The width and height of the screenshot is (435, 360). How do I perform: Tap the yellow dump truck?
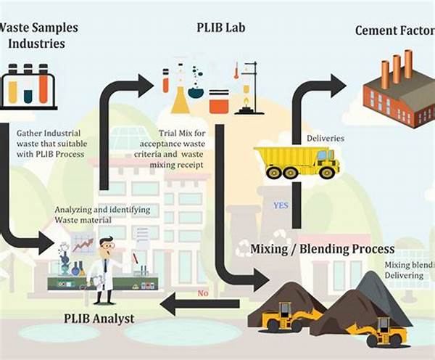point(297,162)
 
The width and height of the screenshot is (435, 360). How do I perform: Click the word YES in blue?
point(280,205)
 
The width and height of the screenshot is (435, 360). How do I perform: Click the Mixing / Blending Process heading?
point(322,249)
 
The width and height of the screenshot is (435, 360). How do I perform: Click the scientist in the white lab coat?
point(104,270)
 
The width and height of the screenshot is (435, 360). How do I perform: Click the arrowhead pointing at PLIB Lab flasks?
point(144,85)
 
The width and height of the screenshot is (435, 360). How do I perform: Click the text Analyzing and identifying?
point(102,210)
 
